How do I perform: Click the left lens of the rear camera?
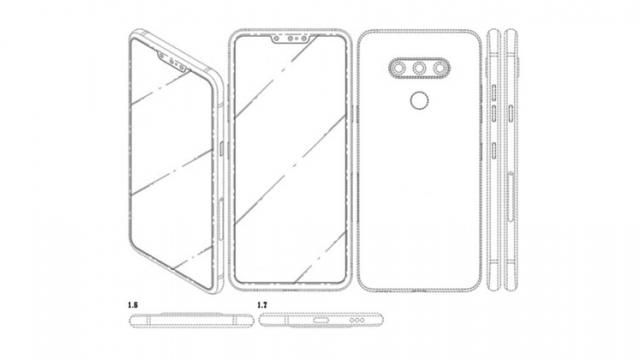(x=397, y=69)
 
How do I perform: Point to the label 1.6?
(x=132, y=300)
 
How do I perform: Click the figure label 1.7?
(x=262, y=300)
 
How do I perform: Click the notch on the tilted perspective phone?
(x=175, y=63)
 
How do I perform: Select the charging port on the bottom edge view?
(x=320, y=323)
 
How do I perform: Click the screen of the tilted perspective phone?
(x=170, y=170)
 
